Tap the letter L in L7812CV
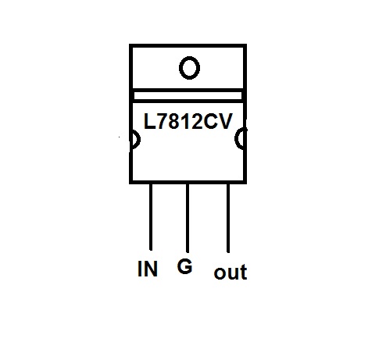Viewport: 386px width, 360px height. point(150,121)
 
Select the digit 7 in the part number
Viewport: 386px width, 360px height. point(163,121)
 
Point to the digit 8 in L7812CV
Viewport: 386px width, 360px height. point(174,121)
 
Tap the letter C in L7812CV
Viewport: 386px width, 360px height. point(210,121)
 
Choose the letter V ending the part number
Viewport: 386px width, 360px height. point(224,121)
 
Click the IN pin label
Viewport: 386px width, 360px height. point(148,269)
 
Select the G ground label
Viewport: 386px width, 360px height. point(184,266)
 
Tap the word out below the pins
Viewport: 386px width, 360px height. point(231,273)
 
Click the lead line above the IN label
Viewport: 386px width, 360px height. point(151,217)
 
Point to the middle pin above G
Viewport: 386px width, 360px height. point(188,218)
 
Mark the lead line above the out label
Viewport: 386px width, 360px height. point(228,218)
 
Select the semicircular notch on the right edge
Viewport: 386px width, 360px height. point(236,138)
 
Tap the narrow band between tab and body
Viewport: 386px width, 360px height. point(188,95)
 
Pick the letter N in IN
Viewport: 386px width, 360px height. point(151,269)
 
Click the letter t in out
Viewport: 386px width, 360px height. point(244,273)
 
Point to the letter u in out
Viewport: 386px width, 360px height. point(234,274)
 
